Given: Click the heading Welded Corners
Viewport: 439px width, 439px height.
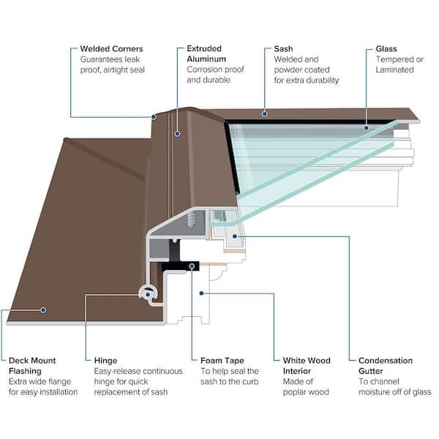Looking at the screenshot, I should point(112,49).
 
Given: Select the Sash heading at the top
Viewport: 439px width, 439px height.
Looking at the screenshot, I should point(283,49).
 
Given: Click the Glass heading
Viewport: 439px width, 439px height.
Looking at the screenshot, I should point(386,49).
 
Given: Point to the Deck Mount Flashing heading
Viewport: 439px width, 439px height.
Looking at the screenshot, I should point(33,366).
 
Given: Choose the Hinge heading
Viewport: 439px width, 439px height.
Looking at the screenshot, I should point(105,361).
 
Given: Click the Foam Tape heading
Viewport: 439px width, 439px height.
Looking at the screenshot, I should point(223,361).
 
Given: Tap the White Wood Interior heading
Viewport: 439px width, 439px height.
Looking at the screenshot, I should point(307,366).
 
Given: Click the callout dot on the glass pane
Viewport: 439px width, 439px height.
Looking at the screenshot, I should point(367,127).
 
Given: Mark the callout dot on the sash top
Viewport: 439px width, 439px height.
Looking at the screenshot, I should point(263,114).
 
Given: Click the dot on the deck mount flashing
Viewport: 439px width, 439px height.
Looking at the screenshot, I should point(43,309).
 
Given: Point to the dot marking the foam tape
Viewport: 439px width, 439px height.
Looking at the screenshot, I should point(192,266).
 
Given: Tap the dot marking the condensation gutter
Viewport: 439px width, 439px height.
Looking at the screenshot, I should point(234,236).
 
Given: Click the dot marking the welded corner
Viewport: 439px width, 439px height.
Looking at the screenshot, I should point(154,116).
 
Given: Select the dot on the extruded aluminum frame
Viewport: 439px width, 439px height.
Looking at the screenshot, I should point(176,134).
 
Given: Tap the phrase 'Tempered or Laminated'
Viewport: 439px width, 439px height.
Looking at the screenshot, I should point(395,64).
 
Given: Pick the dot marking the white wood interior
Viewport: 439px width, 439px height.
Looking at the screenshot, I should point(201,293).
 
